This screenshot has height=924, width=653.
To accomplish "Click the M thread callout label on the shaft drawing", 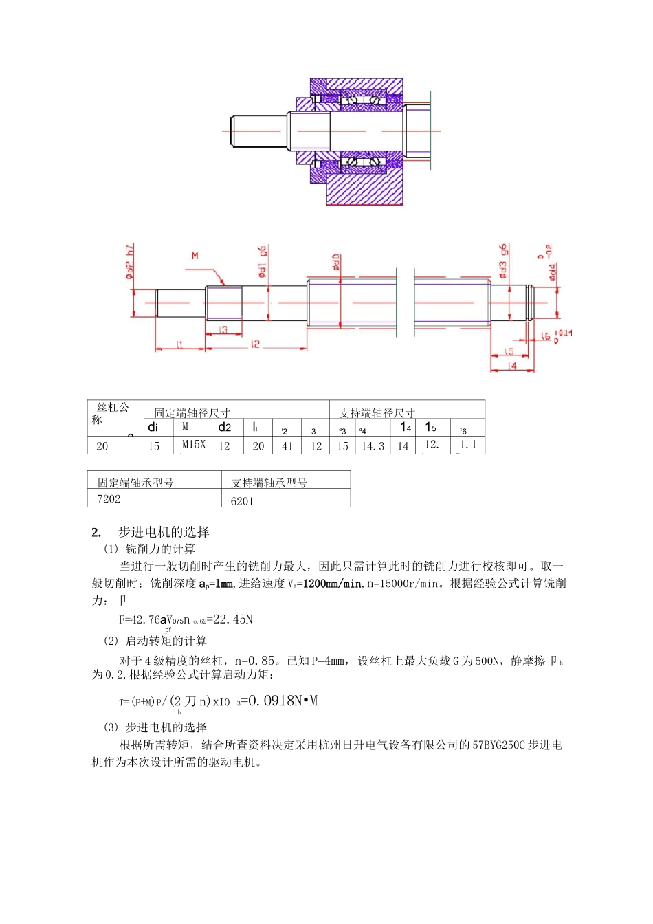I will coord(195,256).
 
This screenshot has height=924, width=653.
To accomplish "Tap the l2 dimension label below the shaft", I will coord(255,344).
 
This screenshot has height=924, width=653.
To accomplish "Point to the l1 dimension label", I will coord(179,344).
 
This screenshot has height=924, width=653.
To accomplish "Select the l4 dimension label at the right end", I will coord(512,366).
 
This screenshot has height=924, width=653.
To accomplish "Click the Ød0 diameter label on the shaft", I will coord(336,262).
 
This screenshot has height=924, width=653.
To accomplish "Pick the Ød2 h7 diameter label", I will coord(130,262).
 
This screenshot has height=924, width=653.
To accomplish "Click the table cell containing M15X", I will coord(194,445).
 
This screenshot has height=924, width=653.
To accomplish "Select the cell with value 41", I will coord(287,446).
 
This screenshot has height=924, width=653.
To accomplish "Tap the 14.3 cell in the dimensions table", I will coord(373,446).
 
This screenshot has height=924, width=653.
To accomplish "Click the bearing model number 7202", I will coord(109,499).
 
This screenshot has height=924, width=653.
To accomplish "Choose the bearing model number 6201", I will coord(242,501).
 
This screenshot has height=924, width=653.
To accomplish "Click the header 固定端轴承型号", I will coord(135,483).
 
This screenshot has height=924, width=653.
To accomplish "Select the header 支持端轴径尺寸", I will coord(377,413).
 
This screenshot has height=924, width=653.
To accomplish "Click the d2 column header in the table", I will coord(225,427).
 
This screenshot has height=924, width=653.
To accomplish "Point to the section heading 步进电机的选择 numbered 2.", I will coord(164,532).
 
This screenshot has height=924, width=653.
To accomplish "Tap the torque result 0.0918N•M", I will coord(283,701).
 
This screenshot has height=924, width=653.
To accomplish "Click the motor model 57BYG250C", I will coord(498,745).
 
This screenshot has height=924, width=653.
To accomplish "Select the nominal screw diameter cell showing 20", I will coord(102,446).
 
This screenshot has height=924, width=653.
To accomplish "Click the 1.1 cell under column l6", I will coord(468,445).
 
